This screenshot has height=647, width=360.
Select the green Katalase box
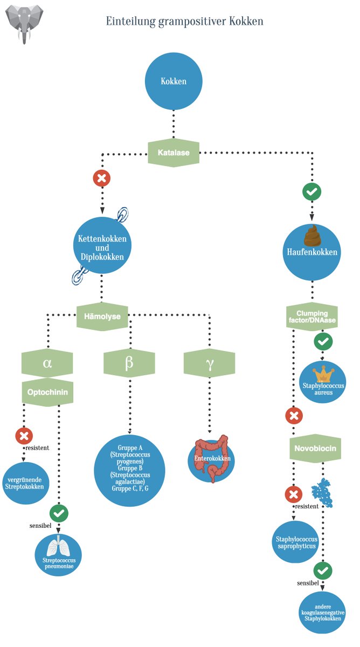tap(174, 153)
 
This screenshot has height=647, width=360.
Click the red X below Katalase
tap(102, 178)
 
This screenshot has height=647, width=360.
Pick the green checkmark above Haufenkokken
tap(312, 191)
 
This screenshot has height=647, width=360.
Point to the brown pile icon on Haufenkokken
tap(313, 236)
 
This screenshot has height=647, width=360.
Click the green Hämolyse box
tap(102, 316)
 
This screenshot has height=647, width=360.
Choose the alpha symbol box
tap(47, 363)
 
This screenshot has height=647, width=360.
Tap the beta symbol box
tap(129, 363)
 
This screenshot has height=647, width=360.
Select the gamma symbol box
tap(209, 363)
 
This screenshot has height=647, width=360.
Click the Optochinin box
tap(47, 393)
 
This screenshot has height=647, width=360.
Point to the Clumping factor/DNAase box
tap(312, 316)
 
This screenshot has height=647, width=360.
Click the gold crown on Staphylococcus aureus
tap(323, 374)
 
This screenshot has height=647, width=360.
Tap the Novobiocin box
tap(315, 448)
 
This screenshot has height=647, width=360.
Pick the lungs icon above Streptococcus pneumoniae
tap(58, 545)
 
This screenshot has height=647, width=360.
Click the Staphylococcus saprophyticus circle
tap(296, 542)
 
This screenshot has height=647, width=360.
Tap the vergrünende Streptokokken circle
tap(25, 483)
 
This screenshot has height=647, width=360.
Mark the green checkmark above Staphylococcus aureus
tap(323, 341)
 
